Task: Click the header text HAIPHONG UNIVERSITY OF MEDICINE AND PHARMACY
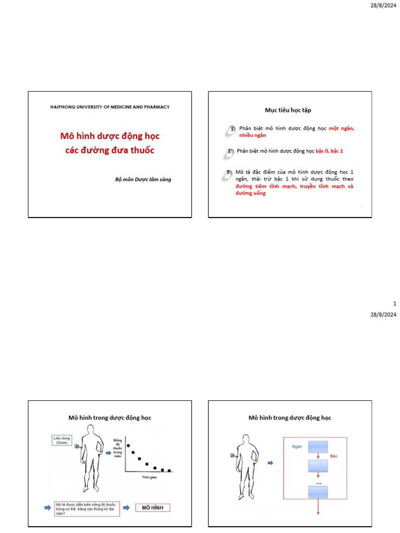pos(109,107)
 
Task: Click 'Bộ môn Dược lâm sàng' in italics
pos(143,179)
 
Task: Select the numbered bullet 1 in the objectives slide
pos(232,129)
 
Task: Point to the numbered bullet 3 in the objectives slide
pos(228,173)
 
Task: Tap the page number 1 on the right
pos(394,303)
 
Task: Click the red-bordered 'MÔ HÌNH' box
pos(153,507)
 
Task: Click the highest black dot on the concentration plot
pos(128,446)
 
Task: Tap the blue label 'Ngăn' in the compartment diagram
pos(297,446)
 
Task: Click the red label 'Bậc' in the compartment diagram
pos(334,455)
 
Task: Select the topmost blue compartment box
pos(318,447)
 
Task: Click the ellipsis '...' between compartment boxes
pos(318,483)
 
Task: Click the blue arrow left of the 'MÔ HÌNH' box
pos(126,507)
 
